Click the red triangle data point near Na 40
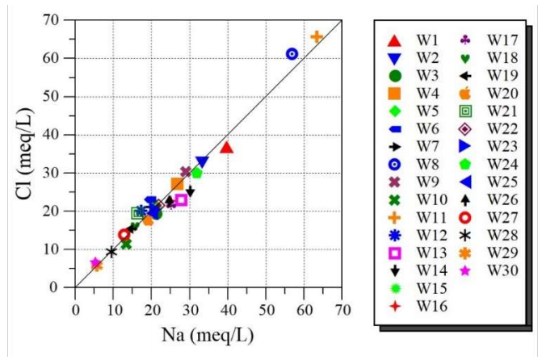point(226,147)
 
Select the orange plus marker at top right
point(317,36)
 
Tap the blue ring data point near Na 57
point(292,53)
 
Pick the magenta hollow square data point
point(181,199)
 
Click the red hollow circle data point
point(124,235)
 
